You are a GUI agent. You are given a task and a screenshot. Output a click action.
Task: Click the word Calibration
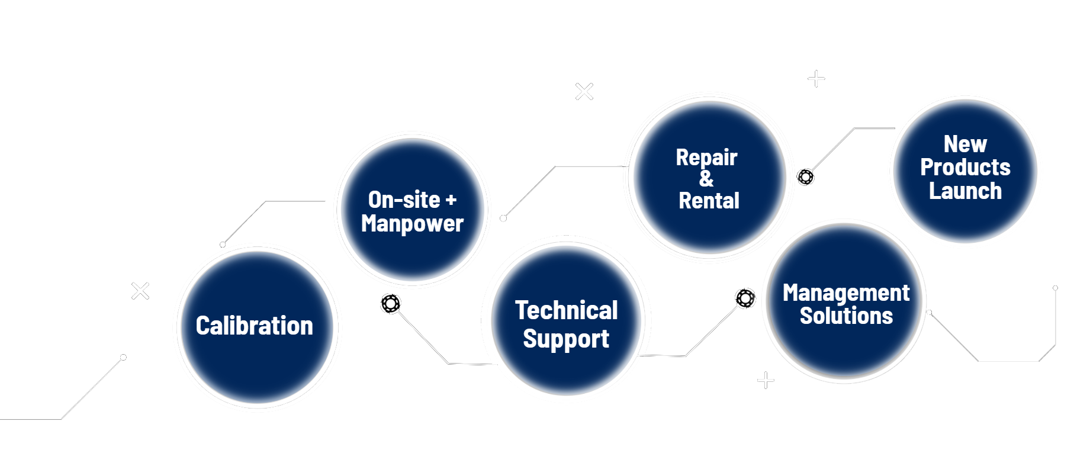point(255,326)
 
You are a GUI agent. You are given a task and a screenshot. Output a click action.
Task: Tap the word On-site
point(404,200)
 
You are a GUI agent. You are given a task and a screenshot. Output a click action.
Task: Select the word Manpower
point(412,224)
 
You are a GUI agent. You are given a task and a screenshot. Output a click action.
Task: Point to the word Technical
point(567,310)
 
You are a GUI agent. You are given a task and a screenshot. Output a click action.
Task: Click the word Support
point(566,339)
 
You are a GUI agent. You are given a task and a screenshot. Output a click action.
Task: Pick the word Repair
point(706,158)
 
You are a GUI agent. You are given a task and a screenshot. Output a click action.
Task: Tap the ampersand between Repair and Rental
point(706,178)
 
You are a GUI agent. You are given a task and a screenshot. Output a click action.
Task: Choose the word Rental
point(709,201)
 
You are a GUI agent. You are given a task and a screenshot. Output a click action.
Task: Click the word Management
point(846,293)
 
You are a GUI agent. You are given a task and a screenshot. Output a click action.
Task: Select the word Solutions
point(846,316)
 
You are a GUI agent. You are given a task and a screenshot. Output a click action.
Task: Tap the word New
point(965,144)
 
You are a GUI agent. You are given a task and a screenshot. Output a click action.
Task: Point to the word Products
point(965,167)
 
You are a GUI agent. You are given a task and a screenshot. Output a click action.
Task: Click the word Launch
point(965,191)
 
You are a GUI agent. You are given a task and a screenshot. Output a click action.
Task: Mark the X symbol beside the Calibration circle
point(140,291)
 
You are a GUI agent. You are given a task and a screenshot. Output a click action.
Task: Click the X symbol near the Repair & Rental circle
point(584,91)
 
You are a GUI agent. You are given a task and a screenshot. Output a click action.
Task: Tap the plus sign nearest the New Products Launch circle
point(816,79)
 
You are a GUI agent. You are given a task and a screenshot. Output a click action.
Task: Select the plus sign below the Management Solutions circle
point(766,380)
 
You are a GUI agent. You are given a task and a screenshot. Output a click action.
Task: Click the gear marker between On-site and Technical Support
point(391,304)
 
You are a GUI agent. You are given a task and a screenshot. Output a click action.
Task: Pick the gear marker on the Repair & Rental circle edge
point(805,176)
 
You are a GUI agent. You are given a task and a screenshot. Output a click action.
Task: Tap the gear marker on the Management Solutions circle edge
point(745,298)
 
